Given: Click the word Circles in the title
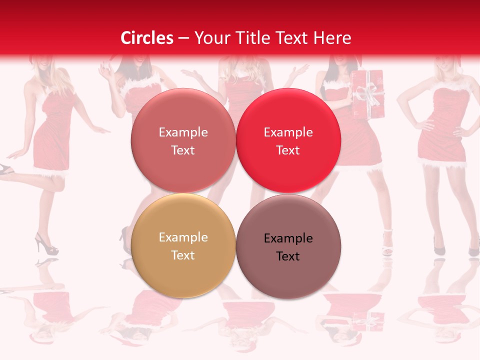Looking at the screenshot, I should tap(147, 38).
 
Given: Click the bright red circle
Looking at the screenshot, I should tap(288, 140).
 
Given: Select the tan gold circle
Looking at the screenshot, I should tap(183, 245).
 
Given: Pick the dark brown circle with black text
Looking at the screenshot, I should tap(288, 246).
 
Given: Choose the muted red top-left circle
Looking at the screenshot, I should tap(183, 140).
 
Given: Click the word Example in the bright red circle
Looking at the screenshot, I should tap(288, 132).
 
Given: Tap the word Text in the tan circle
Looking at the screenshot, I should tap(183, 255).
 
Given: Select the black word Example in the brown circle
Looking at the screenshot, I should tap(288, 238).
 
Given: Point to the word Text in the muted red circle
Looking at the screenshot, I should tap(183, 150).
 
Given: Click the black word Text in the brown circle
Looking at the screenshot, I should tap(288, 256).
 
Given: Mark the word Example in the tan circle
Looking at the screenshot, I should tap(183, 237).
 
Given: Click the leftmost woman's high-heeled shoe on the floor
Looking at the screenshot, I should tap(45, 245).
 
